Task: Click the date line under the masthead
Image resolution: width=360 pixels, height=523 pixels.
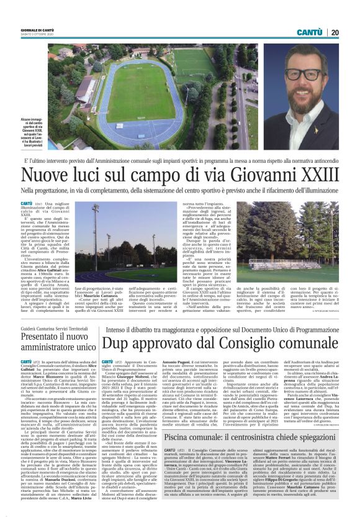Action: [x=31, y=35]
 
